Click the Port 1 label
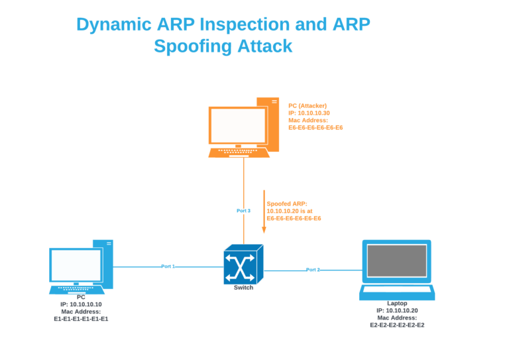168,267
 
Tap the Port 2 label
313,270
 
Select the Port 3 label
243,211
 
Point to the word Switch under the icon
243,288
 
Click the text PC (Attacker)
308,105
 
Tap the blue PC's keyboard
77,290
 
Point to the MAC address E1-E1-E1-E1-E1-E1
81,318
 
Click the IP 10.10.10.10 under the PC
81,304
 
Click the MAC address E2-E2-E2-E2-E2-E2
397,325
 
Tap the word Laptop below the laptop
397,303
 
